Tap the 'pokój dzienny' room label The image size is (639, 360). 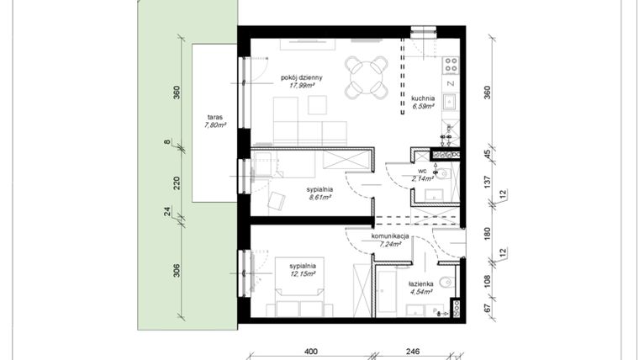coord(302,77)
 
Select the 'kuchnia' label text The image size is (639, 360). coord(423,98)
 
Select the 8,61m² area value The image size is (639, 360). coord(318,199)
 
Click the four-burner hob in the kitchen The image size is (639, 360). coord(451,63)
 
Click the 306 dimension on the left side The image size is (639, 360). coord(177,272)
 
